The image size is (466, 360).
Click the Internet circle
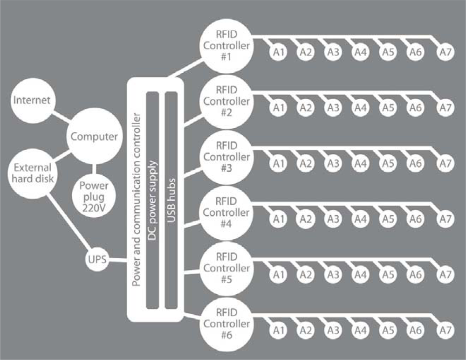32,100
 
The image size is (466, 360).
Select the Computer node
94,137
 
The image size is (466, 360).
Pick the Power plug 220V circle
94,196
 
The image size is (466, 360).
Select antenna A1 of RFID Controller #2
279,108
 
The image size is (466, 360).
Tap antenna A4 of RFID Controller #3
360,164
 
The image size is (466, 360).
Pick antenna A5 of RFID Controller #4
387,219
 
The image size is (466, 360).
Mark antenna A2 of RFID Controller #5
306,275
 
